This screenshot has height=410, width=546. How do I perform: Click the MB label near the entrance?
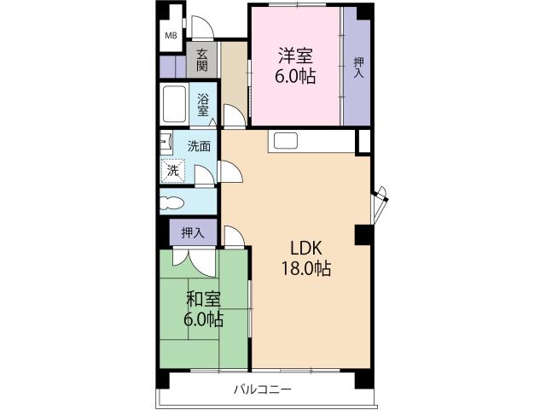point(171,35)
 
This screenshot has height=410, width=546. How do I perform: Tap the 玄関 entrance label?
point(202,60)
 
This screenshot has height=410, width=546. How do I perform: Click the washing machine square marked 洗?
point(173,170)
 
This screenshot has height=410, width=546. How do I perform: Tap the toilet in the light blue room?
point(171,203)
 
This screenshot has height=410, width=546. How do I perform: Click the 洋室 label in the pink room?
point(294,57)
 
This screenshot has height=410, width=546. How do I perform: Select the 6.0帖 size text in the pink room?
point(294,76)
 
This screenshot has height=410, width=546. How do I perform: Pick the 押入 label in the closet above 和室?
point(192,232)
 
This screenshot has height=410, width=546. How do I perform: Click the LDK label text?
point(304,249)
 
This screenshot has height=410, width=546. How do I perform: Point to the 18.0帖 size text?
point(305,268)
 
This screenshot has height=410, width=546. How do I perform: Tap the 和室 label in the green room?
point(203,300)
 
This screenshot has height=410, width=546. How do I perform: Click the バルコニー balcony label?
point(264,390)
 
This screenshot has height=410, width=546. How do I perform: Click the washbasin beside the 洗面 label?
point(165,142)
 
